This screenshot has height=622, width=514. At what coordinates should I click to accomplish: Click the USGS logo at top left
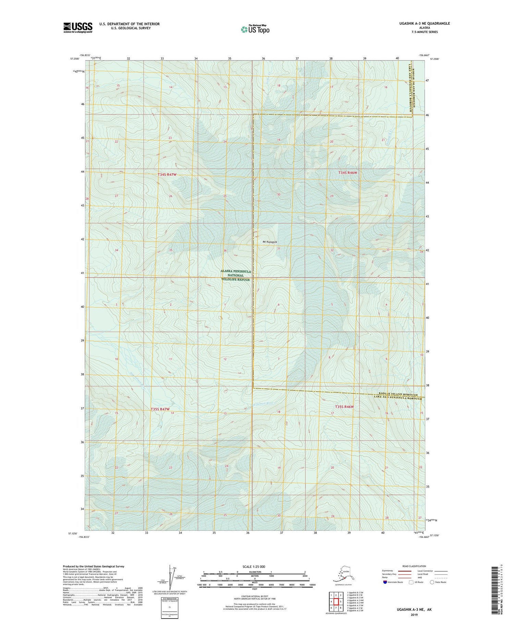point(78,27)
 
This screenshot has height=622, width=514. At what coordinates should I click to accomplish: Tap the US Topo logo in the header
point(255,30)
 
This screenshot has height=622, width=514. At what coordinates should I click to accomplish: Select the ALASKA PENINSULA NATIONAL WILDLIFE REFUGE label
point(236,275)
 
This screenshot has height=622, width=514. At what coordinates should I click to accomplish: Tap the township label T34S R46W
point(347,173)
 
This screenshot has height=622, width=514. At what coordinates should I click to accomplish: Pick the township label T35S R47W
point(160,409)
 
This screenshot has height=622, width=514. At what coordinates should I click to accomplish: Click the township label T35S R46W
point(344,407)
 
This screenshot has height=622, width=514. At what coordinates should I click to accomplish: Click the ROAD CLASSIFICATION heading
point(414,566)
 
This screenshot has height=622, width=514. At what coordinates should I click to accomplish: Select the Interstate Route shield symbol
point(385,582)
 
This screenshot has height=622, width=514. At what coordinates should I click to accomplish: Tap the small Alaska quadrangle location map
point(343,576)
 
